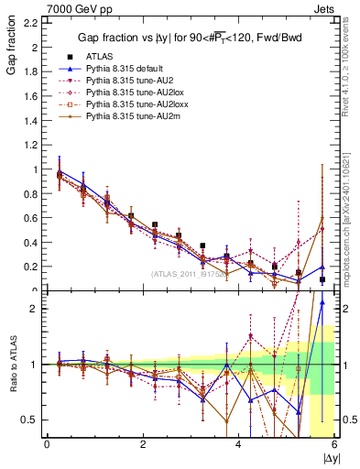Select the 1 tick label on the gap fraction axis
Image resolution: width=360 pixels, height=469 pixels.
tap(35, 169)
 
